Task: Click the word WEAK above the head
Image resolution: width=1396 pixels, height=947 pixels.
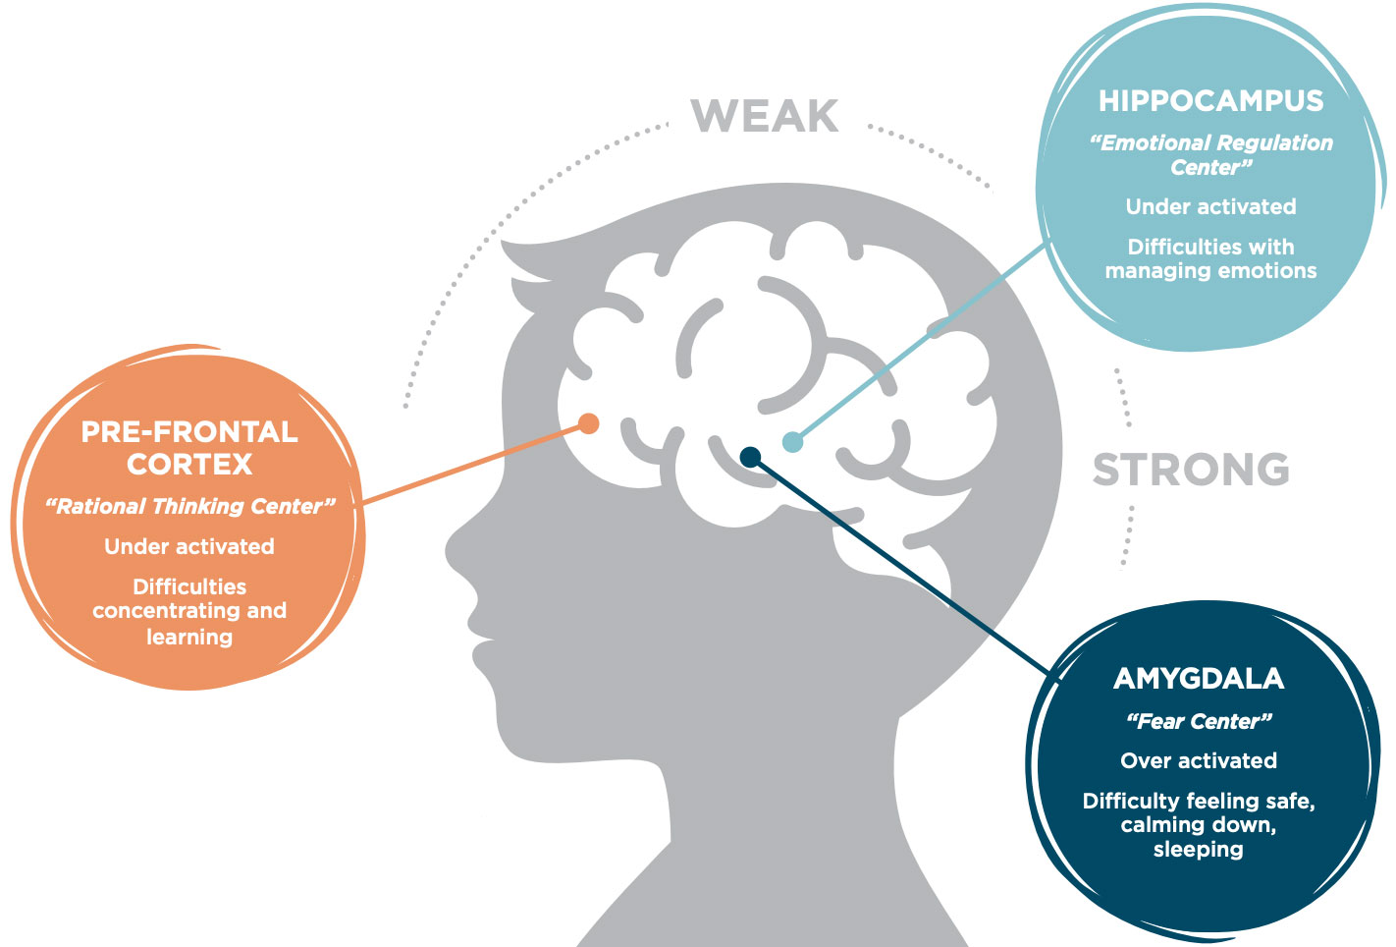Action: tap(765, 117)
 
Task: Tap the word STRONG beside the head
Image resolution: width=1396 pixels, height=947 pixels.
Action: tap(1191, 471)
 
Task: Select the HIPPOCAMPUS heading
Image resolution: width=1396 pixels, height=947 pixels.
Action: tap(1210, 101)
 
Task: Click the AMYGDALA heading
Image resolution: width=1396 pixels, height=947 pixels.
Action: tap(1199, 679)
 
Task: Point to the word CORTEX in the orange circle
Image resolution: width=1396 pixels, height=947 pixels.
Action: tap(189, 465)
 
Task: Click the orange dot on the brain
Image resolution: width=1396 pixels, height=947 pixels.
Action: tap(588, 423)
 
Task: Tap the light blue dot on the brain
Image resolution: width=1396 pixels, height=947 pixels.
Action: tap(792, 442)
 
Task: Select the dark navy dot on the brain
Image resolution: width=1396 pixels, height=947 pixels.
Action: tap(750, 456)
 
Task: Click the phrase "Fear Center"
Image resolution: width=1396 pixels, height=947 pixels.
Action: tap(1199, 722)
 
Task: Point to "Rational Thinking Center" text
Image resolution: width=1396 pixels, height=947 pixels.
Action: tap(189, 507)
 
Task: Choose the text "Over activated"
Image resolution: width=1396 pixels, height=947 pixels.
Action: tap(1199, 761)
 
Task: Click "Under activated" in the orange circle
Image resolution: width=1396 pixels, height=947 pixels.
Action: tap(189, 547)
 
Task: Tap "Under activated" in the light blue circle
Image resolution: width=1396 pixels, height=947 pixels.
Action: tap(1210, 207)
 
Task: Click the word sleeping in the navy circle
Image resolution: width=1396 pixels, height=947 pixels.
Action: tap(1198, 850)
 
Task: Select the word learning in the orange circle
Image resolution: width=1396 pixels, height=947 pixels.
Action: tap(189, 637)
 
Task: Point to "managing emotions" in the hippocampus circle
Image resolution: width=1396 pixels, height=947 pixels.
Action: tap(1210, 271)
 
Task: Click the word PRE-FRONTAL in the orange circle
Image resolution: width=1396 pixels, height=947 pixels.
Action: tap(189, 432)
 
